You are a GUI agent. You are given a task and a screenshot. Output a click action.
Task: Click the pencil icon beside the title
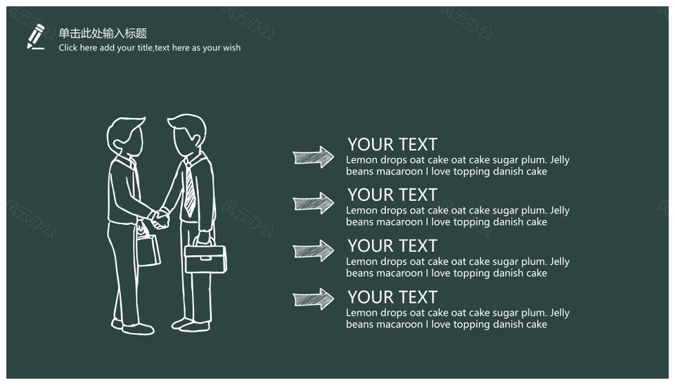[x=36, y=37]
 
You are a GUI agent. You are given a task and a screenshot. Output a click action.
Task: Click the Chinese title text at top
[x=103, y=33]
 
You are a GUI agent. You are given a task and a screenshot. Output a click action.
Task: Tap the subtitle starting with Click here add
[x=150, y=48]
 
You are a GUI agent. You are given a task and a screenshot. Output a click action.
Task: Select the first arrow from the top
[x=314, y=157]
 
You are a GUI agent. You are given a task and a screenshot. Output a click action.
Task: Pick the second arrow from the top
[x=314, y=203]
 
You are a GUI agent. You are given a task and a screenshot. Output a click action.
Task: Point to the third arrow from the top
[x=314, y=250]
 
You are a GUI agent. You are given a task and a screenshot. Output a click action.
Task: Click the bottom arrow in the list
[x=314, y=299]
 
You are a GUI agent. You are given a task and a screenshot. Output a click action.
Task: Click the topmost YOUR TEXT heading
[x=392, y=145]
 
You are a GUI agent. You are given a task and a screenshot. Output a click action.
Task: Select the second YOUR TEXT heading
[x=392, y=195]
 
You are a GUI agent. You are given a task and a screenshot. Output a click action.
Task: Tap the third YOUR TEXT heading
[x=392, y=246]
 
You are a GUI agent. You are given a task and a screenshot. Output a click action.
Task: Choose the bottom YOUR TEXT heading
[x=392, y=297]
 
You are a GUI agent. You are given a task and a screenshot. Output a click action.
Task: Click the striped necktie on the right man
[x=190, y=189]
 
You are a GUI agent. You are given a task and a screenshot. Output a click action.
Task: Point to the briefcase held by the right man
[x=205, y=256]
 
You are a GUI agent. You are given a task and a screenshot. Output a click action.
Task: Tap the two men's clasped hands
[x=160, y=218]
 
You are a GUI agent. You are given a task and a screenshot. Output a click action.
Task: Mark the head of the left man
[x=125, y=137]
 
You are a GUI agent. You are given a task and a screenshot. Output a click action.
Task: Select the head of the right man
[x=187, y=135]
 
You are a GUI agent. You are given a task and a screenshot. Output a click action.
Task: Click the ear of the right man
[x=196, y=140]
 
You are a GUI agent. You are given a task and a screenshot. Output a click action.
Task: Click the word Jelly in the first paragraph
[x=560, y=160]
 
